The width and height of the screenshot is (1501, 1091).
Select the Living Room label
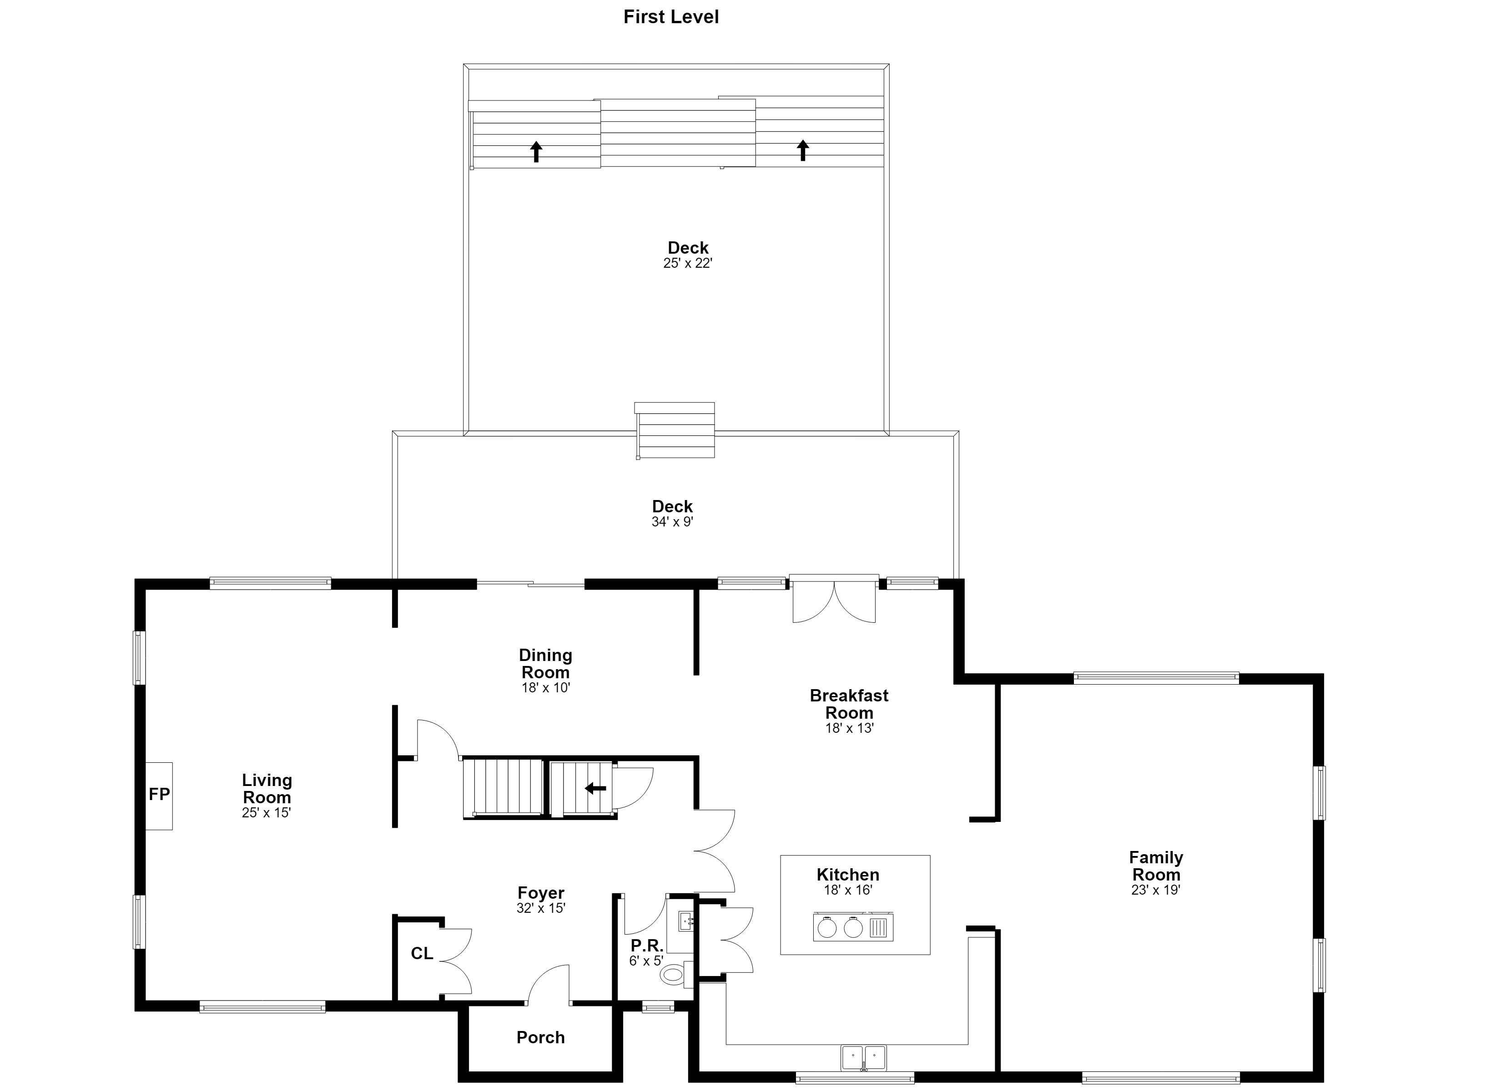pyautogui.click(x=267, y=789)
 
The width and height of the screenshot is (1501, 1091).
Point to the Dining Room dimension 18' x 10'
pyautogui.click(x=545, y=688)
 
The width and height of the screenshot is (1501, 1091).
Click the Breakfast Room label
pyautogui.click(x=849, y=704)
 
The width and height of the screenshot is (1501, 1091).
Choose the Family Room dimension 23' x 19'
pyautogui.click(x=1155, y=890)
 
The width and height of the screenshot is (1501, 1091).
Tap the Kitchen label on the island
pyautogui.click(x=848, y=875)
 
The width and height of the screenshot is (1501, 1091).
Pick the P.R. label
pyautogui.click(x=647, y=946)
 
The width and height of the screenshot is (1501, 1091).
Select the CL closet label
pyautogui.click(x=422, y=953)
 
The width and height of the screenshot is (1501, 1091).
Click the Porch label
pyautogui.click(x=541, y=1037)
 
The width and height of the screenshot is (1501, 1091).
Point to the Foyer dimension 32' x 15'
pyautogui.click(x=541, y=908)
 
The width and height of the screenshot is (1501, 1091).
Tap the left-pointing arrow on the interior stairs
pyautogui.click(x=596, y=788)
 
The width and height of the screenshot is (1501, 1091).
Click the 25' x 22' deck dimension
pyautogui.click(x=688, y=263)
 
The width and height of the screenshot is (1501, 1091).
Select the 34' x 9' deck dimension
pyautogui.click(x=672, y=522)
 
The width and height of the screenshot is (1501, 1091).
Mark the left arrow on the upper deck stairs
pyautogui.click(x=536, y=151)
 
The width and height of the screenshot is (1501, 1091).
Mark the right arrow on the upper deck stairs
pyautogui.click(x=803, y=150)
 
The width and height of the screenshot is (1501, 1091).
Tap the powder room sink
pyautogui.click(x=685, y=921)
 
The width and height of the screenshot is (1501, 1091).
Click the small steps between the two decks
pyautogui.click(x=675, y=430)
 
